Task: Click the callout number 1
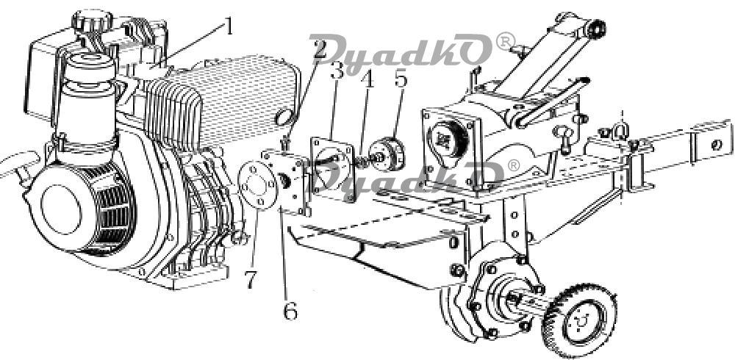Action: click(229, 27)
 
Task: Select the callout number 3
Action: click(337, 71)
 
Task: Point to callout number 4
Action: click(368, 79)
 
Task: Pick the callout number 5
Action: click(401, 79)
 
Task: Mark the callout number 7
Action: click(251, 279)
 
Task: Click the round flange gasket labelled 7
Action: click(257, 184)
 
